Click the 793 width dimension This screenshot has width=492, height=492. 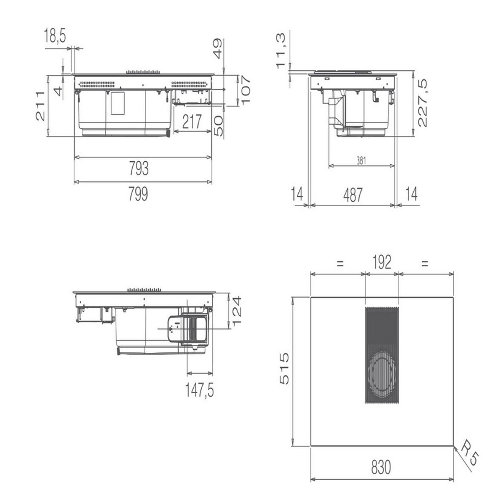(139, 169)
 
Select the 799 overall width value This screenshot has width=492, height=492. (138, 194)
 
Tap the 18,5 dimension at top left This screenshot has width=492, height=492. (55, 35)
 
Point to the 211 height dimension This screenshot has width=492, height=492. (40, 106)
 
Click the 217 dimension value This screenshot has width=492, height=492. (192, 122)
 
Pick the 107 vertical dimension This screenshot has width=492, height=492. (245, 90)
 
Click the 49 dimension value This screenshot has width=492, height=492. (217, 49)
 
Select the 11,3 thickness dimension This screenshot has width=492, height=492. (280, 51)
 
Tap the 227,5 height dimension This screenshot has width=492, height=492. (423, 103)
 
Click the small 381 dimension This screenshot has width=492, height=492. (361, 160)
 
